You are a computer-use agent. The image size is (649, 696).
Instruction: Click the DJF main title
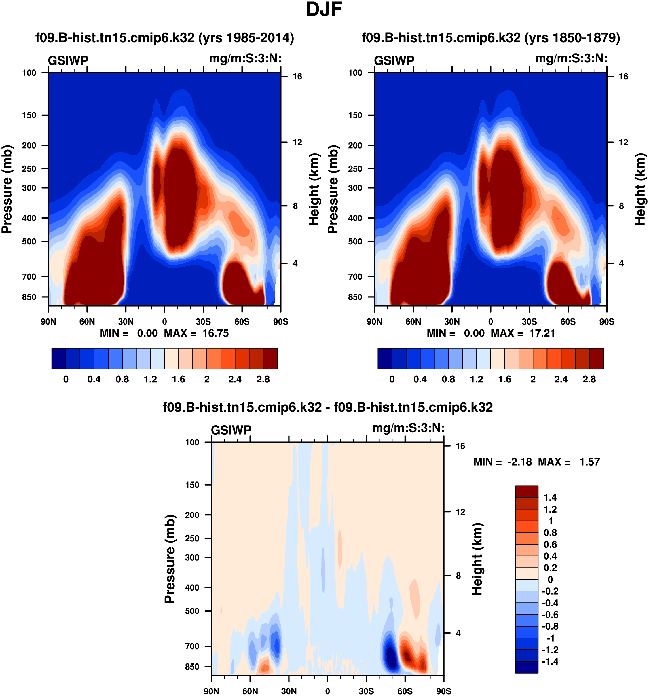[x=324, y=10]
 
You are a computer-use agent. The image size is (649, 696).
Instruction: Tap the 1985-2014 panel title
[x=164, y=38]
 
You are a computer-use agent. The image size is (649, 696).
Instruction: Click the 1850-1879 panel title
[x=490, y=38]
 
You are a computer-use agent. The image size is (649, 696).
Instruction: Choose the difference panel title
[x=328, y=407]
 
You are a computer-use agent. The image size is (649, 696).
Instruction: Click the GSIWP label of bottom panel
[x=231, y=430]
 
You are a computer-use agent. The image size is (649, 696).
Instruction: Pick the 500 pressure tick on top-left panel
[x=29, y=242]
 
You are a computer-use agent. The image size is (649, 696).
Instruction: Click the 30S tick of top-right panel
[x=529, y=322]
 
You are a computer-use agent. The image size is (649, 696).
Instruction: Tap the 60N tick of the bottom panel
[x=250, y=691]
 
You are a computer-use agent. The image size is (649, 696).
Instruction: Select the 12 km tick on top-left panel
[x=297, y=143]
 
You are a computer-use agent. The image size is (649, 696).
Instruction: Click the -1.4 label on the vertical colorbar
[x=550, y=662]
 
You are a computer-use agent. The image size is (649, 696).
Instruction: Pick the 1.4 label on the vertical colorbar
[x=550, y=498]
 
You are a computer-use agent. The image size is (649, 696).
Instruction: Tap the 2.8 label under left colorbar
[x=263, y=380]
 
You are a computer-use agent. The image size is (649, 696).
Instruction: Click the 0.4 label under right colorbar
[x=420, y=380]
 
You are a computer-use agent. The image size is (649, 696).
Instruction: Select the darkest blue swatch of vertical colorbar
[x=526, y=667]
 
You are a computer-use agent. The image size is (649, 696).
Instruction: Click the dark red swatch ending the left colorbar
[x=270, y=359]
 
